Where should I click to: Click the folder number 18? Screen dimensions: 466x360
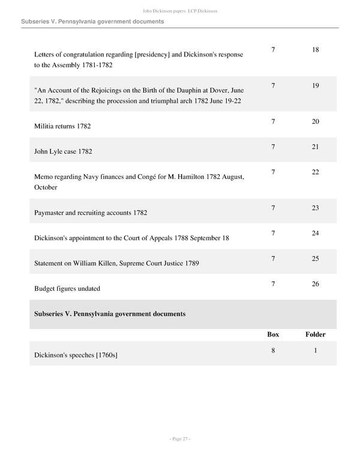[x=316, y=50]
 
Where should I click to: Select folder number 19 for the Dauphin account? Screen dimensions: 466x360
[x=316, y=86]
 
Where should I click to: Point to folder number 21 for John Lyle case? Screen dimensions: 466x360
[x=316, y=147]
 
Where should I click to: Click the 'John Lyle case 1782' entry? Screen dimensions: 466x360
[x=63, y=152]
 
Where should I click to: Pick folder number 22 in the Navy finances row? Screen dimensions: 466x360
[x=316, y=172]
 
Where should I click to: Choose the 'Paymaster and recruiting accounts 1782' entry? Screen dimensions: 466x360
[x=91, y=213]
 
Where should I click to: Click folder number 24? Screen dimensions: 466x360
[x=316, y=233]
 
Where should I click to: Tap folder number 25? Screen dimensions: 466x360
[x=316, y=258]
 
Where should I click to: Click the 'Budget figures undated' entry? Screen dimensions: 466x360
[x=67, y=288]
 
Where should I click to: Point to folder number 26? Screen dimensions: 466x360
[x=316, y=283]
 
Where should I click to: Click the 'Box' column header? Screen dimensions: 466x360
[x=273, y=334]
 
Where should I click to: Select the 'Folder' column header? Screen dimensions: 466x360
[x=316, y=334]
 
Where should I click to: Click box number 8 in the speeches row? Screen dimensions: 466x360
[x=273, y=349]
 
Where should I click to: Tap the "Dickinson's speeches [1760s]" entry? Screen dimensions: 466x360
[x=76, y=355]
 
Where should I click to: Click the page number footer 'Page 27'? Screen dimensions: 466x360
[x=179, y=439]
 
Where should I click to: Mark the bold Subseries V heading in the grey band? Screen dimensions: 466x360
[x=110, y=314]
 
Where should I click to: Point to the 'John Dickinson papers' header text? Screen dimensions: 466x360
[x=163, y=11]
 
